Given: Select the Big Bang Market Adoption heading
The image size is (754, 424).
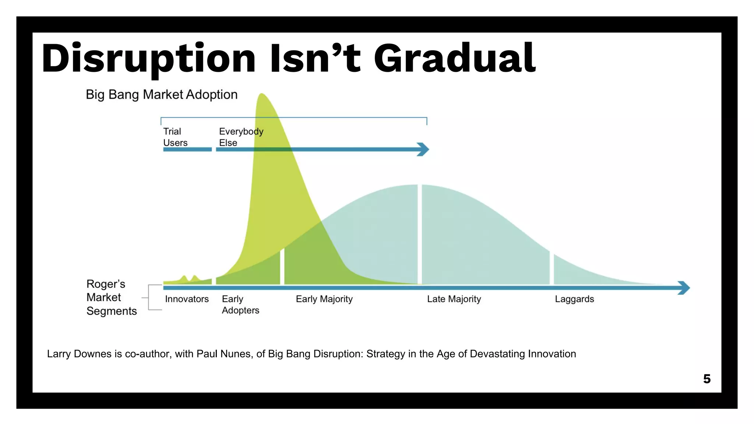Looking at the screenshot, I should [161, 95].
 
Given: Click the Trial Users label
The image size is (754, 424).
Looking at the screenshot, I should [175, 137].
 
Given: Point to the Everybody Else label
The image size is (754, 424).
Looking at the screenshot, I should [241, 137].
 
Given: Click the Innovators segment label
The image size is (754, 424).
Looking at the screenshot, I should [187, 299].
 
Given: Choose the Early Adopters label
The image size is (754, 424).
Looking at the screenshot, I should [240, 304].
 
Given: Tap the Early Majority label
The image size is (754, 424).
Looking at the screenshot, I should [324, 299].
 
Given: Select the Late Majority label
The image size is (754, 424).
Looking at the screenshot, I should [454, 299].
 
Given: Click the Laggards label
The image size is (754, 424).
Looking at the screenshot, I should [574, 299].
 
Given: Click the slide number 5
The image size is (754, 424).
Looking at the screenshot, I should [707, 379].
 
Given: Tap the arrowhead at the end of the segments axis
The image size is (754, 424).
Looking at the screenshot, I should [684, 287].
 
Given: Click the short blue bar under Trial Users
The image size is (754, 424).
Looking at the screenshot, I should [187, 149].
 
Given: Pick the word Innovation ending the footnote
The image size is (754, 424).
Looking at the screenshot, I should [552, 354].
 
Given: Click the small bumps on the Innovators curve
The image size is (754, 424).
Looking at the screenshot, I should [189, 278].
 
